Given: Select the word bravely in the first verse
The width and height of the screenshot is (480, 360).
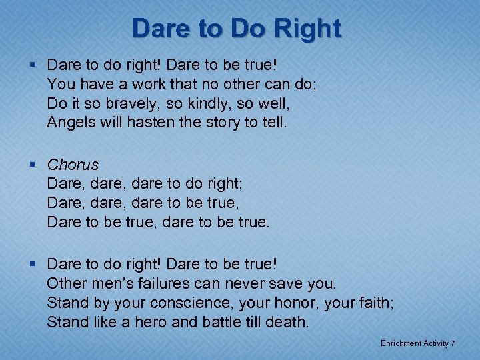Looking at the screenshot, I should tap(129, 104).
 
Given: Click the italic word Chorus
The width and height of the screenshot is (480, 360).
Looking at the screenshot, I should tap(73, 165).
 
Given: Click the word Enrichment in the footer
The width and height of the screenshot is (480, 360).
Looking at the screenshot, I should tap(401, 343).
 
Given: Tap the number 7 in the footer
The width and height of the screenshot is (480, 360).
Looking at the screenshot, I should tap(453, 343).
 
